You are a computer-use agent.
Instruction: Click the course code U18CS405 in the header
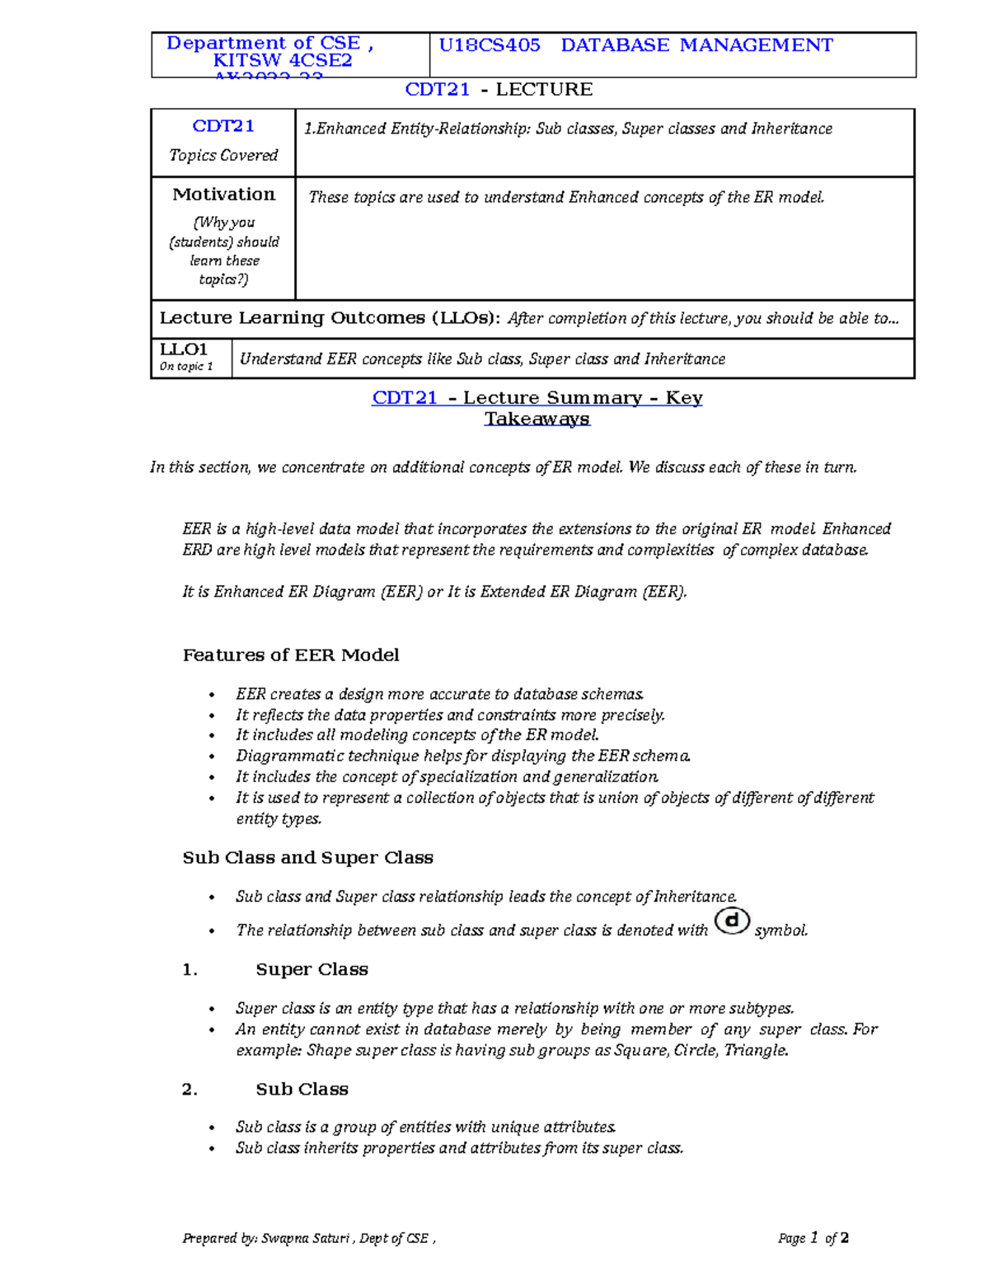tap(490, 45)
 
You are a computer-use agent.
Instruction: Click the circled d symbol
tap(732, 921)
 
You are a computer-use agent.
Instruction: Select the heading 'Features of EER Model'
tap(290, 655)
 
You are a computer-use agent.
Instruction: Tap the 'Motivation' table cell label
tap(223, 195)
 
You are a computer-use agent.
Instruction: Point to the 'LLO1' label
tap(184, 349)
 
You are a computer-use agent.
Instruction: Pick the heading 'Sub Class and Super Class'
tap(307, 858)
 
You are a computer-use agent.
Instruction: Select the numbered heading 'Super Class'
tap(312, 970)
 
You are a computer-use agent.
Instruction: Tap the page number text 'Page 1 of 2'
tap(813, 1238)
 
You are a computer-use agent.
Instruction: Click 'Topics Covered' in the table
tap(223, 155)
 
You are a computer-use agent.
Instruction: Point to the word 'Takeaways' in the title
tap(537, 419)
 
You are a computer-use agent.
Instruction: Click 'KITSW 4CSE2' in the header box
tap(282, 60)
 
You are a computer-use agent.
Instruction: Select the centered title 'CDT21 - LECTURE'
tap(499, 90)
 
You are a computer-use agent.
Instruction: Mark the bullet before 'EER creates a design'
tap(213, 695)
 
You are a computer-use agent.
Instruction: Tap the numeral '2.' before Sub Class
tap(190, 1090)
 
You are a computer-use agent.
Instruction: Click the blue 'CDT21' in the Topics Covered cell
tap(223, 126)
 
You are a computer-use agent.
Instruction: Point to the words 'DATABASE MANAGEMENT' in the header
tap(696, 45)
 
